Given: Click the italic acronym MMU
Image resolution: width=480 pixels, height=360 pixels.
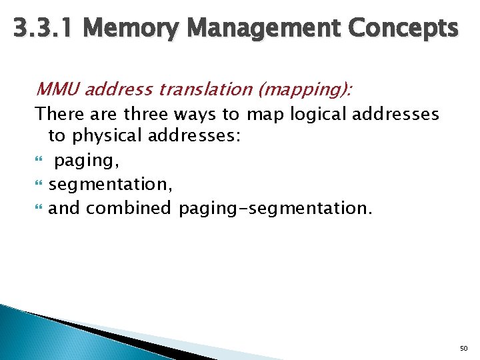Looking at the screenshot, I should point(57,89).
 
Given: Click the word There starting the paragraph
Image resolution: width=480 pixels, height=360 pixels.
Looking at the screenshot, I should point(57,115).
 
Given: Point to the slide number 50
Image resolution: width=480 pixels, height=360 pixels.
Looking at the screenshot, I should point(464,349).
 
